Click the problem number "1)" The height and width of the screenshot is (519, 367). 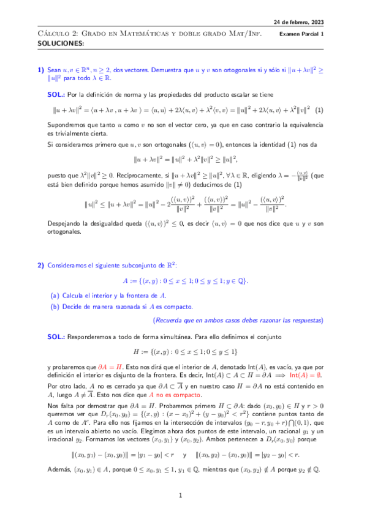point(41,71)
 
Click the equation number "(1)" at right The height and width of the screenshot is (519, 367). point(319,111)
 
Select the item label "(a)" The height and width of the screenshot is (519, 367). point(55,295)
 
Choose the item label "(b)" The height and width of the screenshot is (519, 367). point(55,305)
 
